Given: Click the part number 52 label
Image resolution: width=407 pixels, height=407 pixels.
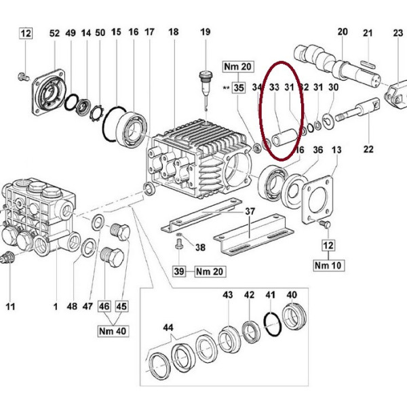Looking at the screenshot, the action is pos(54,33).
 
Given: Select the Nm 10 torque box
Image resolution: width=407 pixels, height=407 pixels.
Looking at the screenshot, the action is pos(329,265).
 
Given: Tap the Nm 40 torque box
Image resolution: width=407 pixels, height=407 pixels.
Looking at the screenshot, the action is pos(113,331).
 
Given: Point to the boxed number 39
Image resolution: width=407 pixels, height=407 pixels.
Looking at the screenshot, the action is pos(179,271).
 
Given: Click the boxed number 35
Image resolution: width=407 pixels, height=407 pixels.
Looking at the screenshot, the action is pos(239,88).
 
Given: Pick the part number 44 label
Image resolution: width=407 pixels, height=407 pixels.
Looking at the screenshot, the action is pos(168,328).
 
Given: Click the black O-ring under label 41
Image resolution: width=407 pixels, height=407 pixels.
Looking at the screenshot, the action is pos(272,324).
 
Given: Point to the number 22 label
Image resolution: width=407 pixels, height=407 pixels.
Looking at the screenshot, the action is pos(368,149).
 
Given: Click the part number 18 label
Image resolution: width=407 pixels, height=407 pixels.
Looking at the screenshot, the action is pos(174,32).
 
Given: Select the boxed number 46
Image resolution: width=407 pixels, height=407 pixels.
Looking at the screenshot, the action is pos(104,307).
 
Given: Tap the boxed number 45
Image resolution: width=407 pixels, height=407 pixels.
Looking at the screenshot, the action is pos(121,307).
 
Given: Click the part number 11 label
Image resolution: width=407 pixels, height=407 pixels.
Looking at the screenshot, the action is pos(10,307).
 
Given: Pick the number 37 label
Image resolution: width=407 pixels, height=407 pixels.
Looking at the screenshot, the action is pos(250,211).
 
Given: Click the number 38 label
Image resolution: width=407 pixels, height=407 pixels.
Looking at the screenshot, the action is pos(200,248).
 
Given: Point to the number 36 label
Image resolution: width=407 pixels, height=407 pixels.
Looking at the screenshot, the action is pos(317,150).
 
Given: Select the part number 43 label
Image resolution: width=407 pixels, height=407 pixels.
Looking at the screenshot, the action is pos(228,295).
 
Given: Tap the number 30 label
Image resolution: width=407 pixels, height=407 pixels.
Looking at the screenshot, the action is pos(333,88).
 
